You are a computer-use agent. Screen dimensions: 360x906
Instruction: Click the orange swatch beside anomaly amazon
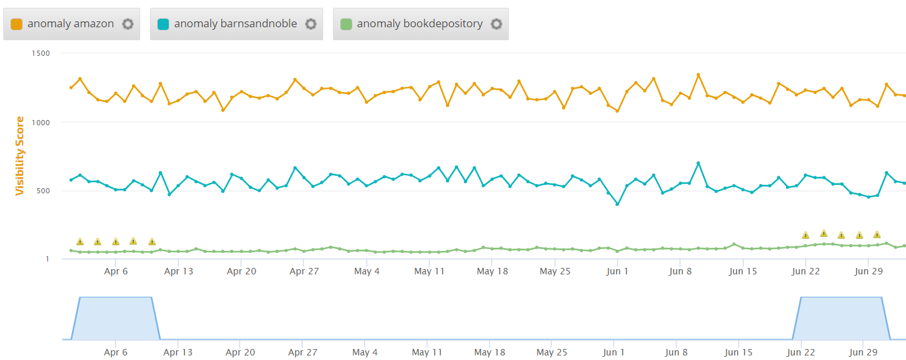[17, 24]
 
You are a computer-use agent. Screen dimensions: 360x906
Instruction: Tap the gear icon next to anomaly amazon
[128, 24]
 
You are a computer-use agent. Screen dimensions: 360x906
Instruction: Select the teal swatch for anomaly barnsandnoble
[164, 24]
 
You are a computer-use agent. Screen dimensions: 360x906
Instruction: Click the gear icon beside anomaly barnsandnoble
[311, 24]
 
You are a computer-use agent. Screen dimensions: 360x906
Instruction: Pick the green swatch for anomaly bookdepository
[347, 24]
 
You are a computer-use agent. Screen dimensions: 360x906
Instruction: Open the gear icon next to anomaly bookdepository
[496, 24]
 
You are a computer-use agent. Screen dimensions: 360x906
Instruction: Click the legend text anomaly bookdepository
[419, 24]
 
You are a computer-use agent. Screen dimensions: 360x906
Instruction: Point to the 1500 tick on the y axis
[41, 53]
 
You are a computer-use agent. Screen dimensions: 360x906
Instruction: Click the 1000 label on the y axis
[41, 122]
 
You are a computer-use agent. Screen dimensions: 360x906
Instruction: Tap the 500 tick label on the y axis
[43, 191]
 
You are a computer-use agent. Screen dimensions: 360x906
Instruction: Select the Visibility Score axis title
[19, 156]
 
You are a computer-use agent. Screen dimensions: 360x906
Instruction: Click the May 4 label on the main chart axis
[367, 271]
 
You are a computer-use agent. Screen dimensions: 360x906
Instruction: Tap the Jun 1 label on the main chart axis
[617, 271]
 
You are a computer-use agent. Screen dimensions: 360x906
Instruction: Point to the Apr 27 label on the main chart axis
[304, 271]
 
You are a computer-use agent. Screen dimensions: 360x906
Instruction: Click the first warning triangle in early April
[80, 242]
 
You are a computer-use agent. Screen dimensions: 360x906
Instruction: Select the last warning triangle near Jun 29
[877, 235]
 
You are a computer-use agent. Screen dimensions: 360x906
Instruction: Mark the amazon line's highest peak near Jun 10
[698, 75]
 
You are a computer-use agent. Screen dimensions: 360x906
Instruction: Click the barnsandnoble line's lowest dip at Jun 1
[617, 204]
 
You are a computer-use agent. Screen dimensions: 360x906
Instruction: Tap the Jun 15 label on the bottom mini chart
[739, 352]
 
